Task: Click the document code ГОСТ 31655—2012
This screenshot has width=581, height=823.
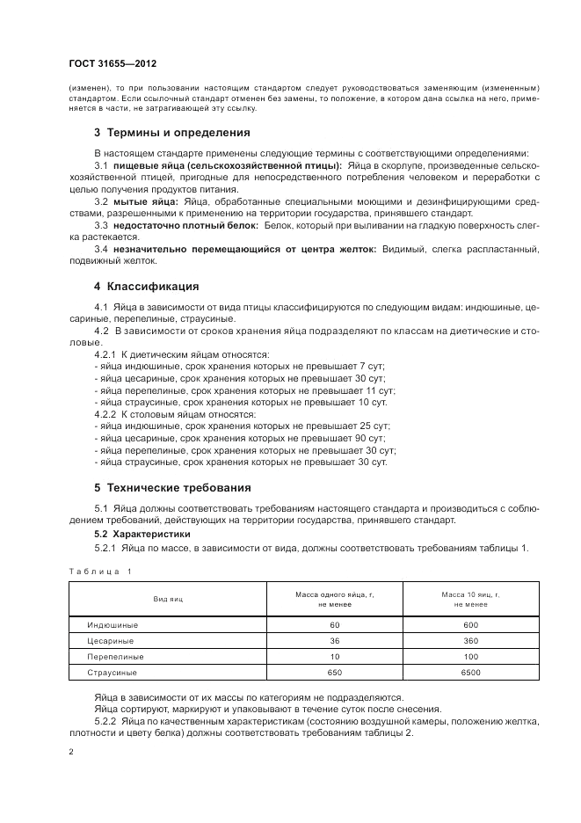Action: click(113, 64)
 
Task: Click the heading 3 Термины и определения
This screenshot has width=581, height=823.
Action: click(172, 133)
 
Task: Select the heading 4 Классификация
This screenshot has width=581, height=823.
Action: click(146, 286)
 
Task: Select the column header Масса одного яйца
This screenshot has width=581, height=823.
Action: click(335, 600)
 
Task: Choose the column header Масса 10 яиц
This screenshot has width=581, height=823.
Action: click(471, 600)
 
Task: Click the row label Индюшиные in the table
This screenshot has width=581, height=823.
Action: click(112, 624)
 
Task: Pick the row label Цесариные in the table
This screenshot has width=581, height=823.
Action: click(110, 641)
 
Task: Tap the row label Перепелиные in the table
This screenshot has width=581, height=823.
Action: click(114, 657)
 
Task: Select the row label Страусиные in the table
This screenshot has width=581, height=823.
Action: click(113, 673)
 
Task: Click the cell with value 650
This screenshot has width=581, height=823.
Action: click(335, 673)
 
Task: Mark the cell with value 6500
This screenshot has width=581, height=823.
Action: click(471, 673)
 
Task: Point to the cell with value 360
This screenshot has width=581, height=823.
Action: click(471, 641)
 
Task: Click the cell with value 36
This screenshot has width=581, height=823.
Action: click(335, 641)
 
